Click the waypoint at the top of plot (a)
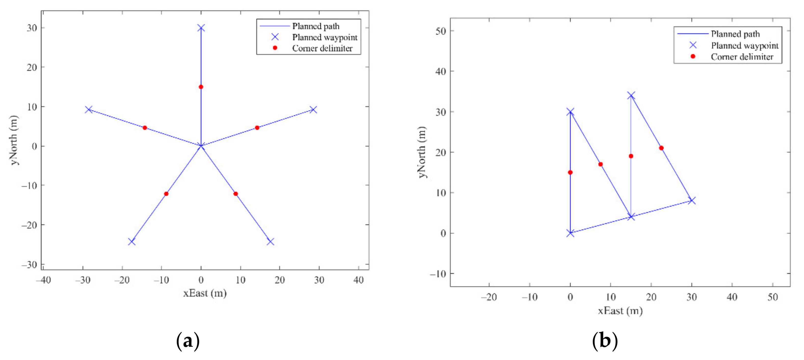201,28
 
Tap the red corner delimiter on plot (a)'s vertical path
201,87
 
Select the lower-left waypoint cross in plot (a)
132,242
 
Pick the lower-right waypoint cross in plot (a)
270,242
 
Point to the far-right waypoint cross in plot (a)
313,110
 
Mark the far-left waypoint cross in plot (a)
89,110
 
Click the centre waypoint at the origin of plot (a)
201,146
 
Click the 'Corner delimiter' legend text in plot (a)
322,48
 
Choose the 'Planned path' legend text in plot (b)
735,34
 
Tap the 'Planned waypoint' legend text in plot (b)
745,46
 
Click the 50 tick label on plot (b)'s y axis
441,31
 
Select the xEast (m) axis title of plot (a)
205,293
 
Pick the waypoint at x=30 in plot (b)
692,200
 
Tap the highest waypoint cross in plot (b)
631,95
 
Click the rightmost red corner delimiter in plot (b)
661,148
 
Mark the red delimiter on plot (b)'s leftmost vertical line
570,172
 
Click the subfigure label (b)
605,341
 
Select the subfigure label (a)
188,341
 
